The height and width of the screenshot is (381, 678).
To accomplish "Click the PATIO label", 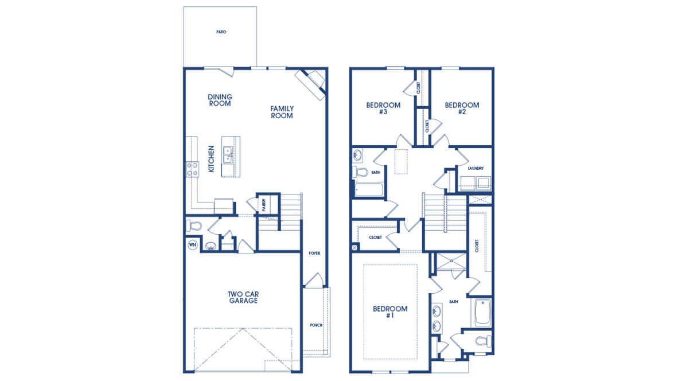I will [x=221, y=32].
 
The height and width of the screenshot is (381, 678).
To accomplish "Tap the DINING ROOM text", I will [x=220, y=100].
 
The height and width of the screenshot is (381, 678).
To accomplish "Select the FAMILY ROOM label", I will [x=282, y=112].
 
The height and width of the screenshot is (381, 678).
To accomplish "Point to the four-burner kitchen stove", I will [x=192, y=169].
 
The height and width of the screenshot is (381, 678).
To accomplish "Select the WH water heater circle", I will [x=192, y=245].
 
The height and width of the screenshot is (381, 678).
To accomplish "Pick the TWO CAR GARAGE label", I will [x=243, y=297].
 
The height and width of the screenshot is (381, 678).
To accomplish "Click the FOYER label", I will [x=314, y=253].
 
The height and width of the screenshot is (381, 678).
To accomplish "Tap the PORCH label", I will [x=316, y=325].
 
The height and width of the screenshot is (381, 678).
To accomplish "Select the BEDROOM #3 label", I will [x=383, y=108].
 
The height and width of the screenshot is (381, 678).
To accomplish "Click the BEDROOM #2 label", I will [x=462, y=108].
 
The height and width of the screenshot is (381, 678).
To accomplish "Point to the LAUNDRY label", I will [x=476, y=168].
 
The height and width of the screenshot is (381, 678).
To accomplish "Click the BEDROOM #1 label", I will [x=390, y=312].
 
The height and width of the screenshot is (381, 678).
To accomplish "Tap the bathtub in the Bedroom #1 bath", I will [x=482, y=312].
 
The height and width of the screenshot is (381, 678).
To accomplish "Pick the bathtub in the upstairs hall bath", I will [x=368, y=190].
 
